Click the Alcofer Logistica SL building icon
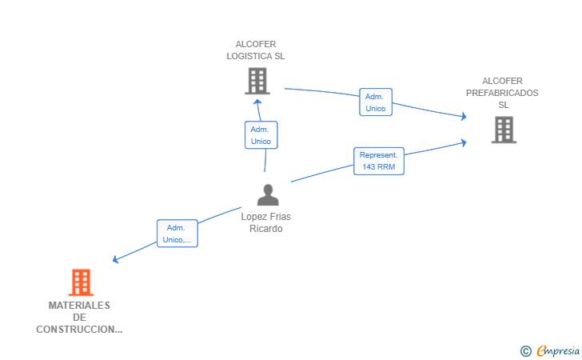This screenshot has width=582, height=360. click(257, 81)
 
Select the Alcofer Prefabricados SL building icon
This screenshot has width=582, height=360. click(504, 130)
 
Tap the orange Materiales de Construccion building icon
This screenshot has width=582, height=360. click(80, 282)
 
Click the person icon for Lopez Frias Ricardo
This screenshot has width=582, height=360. click(268, 194)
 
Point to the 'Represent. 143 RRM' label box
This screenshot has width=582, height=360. click(379, 161)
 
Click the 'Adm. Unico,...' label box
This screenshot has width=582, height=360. click(177, 234)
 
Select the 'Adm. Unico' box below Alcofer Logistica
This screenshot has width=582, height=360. click(261, 135)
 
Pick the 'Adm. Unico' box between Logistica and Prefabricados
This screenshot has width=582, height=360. click(375, 102)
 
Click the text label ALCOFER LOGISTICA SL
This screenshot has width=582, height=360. click(256, 50)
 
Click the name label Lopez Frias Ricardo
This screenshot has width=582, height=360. click(267, 222)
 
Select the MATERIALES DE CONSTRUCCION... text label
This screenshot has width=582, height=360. click(79, 317)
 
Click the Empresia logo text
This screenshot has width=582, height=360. click(558, 350)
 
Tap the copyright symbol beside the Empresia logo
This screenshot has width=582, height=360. click(525, 350)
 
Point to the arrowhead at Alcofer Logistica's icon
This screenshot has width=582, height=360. click(257, 102)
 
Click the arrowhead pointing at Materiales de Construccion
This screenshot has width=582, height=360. click(117, 259)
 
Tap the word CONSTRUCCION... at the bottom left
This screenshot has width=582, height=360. click(79, 330)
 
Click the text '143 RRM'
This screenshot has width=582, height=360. click(379, 167)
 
